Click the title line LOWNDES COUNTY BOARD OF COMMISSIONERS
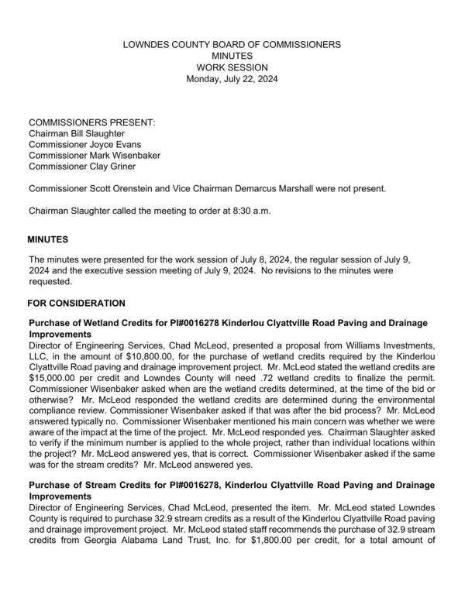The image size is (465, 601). (x=232, y=45)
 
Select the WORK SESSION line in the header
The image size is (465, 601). (x=232, y=67)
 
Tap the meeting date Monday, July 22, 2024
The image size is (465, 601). (x=232, y=79)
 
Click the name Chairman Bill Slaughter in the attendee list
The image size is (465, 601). (x=76, y=134)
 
